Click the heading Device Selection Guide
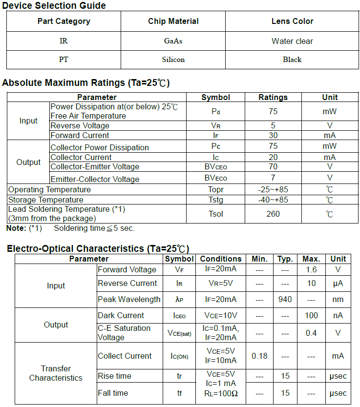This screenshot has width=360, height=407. coord(54,6)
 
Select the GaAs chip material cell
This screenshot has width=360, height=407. coord(173,41)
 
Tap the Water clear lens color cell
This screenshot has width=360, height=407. coord(292,41)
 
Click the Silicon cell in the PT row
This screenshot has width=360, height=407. coord(173,60)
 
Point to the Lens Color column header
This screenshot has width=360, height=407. coord(292,21)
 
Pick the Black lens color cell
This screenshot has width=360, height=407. coord(292,60)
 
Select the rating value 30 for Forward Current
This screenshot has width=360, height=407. coord(273,135)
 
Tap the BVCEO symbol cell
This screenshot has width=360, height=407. coord(215,167)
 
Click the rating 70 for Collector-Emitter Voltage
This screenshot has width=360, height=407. coord(273,167)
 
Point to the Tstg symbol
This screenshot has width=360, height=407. coord(215,200)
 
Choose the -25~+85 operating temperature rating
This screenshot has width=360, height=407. coord(273,189)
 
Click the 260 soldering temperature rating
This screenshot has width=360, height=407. coord(273,214)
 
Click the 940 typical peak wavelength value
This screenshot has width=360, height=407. coord(285,299)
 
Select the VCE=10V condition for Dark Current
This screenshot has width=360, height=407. coord(221,315)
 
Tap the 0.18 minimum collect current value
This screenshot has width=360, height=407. coord(259,356)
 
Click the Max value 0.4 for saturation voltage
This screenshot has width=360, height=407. coord(311,333)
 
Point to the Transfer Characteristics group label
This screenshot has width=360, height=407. coord(56,373)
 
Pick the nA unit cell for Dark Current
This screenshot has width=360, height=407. coord(338,315)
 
